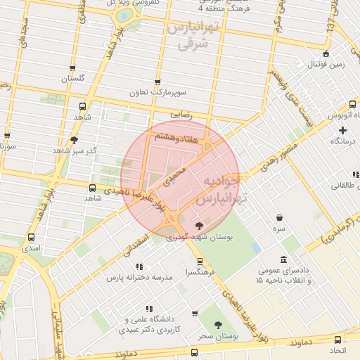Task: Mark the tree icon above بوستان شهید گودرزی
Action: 200,226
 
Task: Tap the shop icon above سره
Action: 280,218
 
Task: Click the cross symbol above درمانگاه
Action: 342,130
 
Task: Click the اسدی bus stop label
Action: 31,249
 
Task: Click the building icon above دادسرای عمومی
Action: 283,260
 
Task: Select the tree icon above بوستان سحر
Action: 219,326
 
